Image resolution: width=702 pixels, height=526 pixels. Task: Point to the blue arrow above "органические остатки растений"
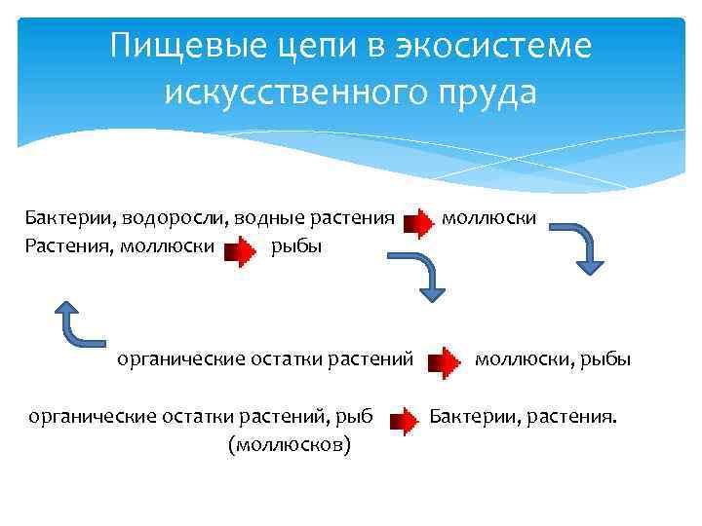(x=423, y=277)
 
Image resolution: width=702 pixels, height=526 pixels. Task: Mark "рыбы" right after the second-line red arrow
(x=296, y=246)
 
